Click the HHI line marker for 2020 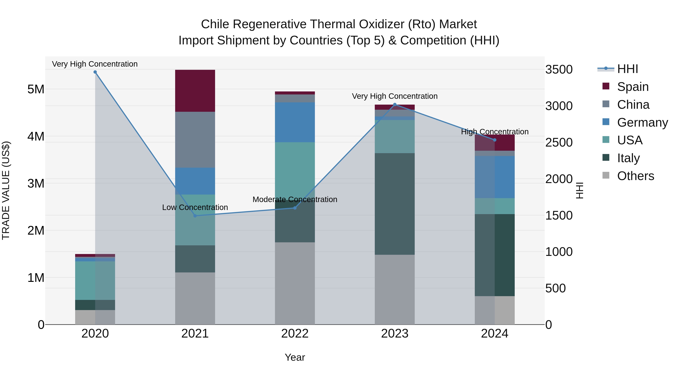[95, 72]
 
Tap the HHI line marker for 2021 [195, 216]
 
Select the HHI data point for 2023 [395, 105]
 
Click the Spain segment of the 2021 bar [195, 91]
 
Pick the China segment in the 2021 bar [195, 139]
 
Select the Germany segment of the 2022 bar [295, 122]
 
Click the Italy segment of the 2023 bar [395, 204]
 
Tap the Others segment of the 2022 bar [295, 283]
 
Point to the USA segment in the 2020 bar [95, 280]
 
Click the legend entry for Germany [642, 122]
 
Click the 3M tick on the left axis [36, 183]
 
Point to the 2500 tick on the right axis [559, 142]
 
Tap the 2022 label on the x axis [295, 334]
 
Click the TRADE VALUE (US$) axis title [6, 190]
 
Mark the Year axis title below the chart [295, 357]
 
